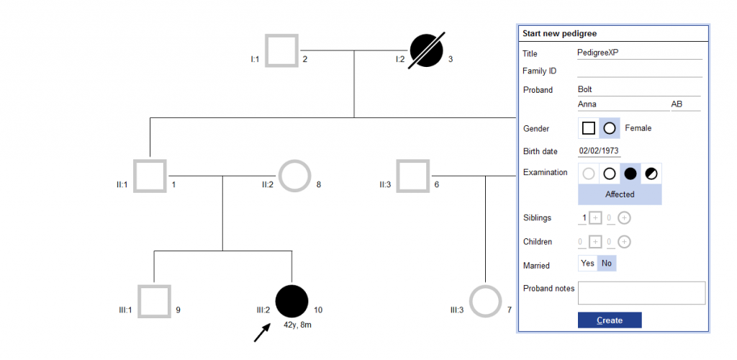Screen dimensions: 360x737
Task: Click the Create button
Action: (x=609, y=320)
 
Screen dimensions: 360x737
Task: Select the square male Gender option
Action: (x=589, y=128)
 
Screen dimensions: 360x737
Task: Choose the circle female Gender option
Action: (x=610, y=128)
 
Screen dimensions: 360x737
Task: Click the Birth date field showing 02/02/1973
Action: (x=599, y=151)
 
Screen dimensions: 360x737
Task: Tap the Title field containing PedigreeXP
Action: (x=638, y=53)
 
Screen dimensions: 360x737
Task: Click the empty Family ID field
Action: (x=638, y=71)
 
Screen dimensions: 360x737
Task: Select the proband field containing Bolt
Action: (x=638, y=90)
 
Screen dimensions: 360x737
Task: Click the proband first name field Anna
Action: (x=623, y=104)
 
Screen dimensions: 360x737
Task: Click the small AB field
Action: (x=684, y=104)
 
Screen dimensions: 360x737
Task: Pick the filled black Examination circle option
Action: (x=630, y=173)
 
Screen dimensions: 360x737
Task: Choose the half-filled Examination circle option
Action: (x=651, y=173)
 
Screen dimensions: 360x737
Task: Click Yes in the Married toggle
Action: (x=588, y=264)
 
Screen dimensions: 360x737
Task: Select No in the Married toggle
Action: (x=607, y=264)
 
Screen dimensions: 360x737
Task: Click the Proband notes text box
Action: (x=641, y=293)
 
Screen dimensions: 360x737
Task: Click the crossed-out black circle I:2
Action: (x=426, y=50)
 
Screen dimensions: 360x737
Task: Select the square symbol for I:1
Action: (x=282, y=50)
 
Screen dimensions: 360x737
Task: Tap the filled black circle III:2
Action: (x=291, y=301)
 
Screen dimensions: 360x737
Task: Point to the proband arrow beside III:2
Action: (x=261, y=332)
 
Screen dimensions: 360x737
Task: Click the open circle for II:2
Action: (x=295, y=176)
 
